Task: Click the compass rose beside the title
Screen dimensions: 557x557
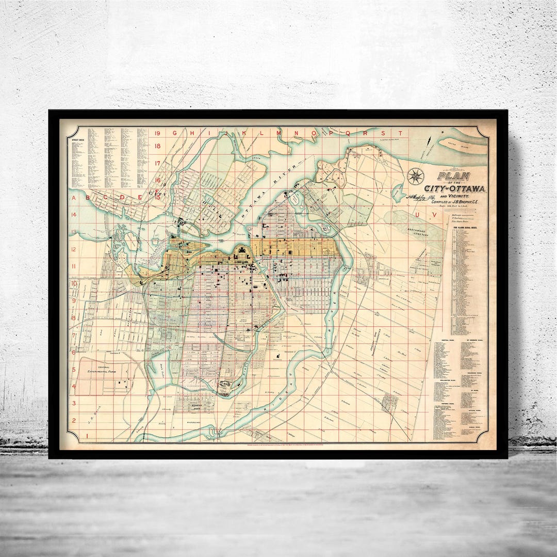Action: pyautogui.click(x=415, y=176)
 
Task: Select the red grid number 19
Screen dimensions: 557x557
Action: pyautogui.click(x=158, y=133)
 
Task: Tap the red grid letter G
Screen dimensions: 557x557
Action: pyautogui.click(x=174, y=133)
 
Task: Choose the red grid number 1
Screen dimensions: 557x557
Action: pyautogui.click(x=74, y=436)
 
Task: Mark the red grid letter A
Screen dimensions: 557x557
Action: pyautogui.click(x=74, y=197)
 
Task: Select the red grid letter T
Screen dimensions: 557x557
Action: pyautogui.click(x=399, y=133)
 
